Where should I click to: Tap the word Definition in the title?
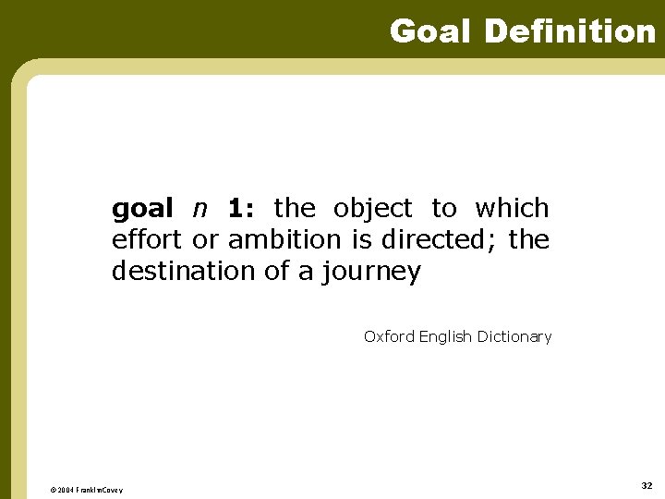coord(569,31)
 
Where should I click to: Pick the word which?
coord(512,209)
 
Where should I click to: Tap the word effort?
coord(148,240)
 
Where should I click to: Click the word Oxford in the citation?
coord(389,337)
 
